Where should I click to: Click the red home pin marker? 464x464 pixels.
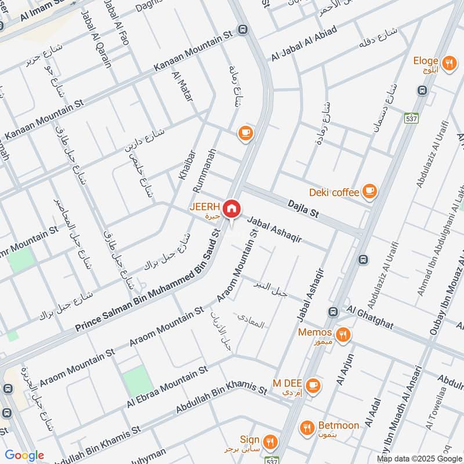click(231, 208)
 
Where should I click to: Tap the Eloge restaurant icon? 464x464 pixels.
click(448, 63)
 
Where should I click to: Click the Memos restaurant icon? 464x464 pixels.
click(344, 333)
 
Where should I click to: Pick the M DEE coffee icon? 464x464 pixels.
click(313, 384)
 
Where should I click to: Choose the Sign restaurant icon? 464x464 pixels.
click(269, 441)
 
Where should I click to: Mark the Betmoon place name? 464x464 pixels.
click(338, 426)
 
